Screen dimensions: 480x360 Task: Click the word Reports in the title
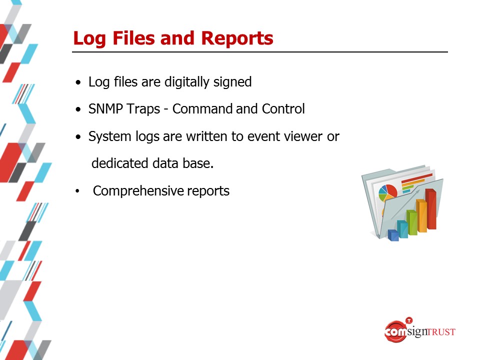point(237,38)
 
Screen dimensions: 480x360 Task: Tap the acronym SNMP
point(105,108)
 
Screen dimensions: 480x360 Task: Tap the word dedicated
point(120,163)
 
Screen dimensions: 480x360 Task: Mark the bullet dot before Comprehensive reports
point(77,191)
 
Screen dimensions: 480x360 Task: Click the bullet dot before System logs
point(78,137)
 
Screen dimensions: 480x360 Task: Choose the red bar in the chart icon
point(430,209)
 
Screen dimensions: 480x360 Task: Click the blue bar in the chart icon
point(393,235)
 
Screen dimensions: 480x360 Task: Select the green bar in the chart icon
point(411,222)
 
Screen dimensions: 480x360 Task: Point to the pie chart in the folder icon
point(387,192)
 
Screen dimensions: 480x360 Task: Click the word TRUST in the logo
point(441,332)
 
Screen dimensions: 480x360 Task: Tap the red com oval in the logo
point(395,331)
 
